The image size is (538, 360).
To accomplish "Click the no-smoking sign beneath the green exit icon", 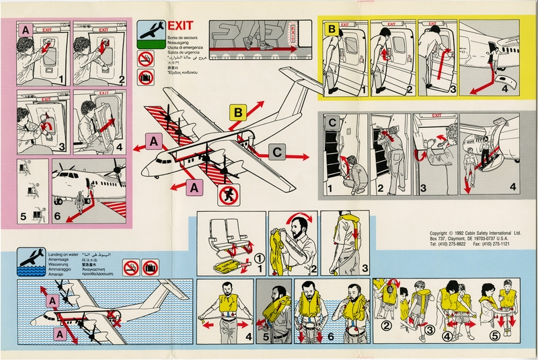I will click(145, 60).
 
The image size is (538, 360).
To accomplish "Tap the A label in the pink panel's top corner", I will click(25, 30).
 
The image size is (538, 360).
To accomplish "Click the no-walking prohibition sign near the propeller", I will click(228, 196).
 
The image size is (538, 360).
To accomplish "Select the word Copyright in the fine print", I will click(443, 230).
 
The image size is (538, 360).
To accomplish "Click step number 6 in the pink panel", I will click(56, 217).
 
